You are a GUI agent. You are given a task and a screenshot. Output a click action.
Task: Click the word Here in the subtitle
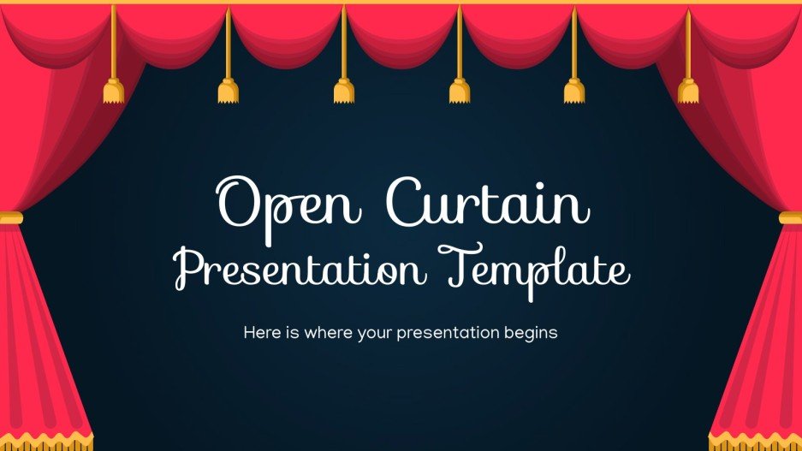coord(261,332)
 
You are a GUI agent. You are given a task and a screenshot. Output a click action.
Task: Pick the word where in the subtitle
coord(329,332)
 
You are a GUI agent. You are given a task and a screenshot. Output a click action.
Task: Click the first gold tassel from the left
coord(113,90)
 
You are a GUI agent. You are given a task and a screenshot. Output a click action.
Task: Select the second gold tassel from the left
coord(228,90)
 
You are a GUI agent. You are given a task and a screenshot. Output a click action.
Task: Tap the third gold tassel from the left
coord(343,90)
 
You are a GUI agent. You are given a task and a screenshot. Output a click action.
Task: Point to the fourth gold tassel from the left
coord(459,90)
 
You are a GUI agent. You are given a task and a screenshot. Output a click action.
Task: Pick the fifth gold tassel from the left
coord(573,90)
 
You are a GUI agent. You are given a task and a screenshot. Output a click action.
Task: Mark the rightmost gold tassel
coord(688,90)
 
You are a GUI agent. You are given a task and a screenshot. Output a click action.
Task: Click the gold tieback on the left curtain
coord(11,217)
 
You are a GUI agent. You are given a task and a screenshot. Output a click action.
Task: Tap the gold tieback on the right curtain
coord(790,217)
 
